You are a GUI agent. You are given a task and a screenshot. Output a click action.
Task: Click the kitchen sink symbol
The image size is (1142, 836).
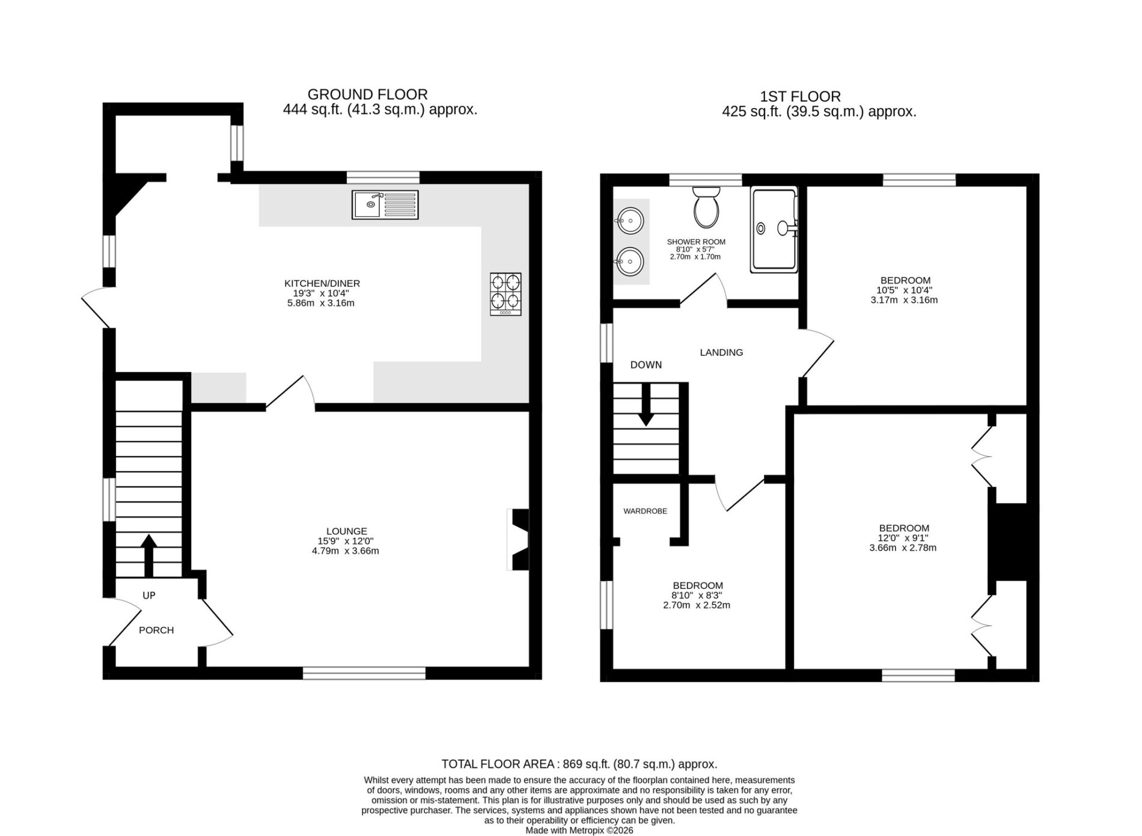(x=385, y=204)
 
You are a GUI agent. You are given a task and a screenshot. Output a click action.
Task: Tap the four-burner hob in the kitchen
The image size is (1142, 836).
(x=505, y=294)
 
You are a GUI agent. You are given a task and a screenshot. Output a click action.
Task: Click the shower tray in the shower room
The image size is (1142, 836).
(x=774, y=229)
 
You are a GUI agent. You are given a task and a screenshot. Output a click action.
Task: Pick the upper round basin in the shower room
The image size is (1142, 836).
(x=629, y=221)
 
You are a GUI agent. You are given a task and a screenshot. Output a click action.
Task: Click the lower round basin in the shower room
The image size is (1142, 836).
(x=629, y=262)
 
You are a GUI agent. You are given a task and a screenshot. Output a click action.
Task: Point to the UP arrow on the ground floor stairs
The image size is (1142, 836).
(x=148, y=555)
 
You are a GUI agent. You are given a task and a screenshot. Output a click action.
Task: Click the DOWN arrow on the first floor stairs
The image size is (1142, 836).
(x=646, y=404)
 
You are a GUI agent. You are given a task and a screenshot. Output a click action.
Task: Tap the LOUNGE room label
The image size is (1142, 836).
(x=347, y=531)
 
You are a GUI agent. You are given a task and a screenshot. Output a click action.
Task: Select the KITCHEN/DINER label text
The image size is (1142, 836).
(x=322, y=284)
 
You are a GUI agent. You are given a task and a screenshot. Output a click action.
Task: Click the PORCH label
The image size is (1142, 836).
(x=156, y=630)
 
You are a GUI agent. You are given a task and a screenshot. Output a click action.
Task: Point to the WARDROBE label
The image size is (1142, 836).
(x=645, y=511)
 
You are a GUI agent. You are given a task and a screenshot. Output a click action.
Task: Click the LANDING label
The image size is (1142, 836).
(x=721, y=353)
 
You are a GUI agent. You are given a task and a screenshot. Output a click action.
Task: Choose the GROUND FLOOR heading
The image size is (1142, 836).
(x=368, y=94)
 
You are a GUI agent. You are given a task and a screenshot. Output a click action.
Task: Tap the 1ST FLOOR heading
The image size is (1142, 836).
(x=801, y=96)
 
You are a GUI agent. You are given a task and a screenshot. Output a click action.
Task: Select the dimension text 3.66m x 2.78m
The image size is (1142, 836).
(x=903, y=548)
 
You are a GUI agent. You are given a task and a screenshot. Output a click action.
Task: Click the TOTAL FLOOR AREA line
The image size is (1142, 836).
(x=579, y=764)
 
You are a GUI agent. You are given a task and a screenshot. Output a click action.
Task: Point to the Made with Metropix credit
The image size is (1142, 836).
(x=579, y=830)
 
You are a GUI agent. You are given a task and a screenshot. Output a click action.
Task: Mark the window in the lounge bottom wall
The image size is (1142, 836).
(x=364, y=673)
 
